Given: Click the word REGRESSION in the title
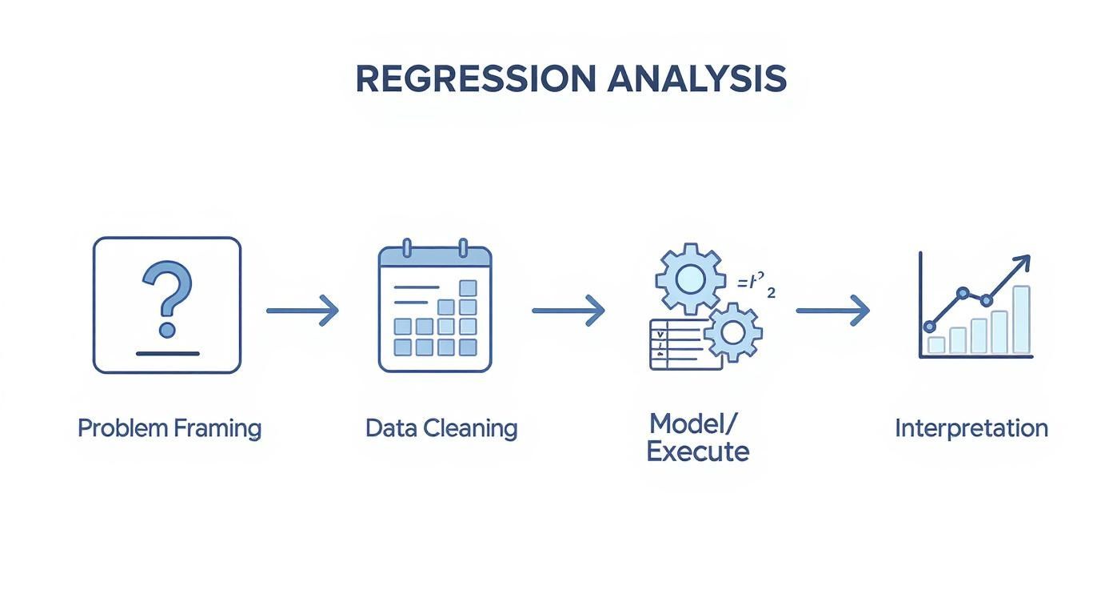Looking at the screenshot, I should pyautogui.click(x=476, y=78).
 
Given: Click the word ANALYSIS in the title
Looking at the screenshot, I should pyautogui.click(x=696, y=78).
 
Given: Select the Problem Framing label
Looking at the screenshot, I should pyautogui.click(x=170, y=428).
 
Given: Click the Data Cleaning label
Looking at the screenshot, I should pyautogui.click(x=441, y=428).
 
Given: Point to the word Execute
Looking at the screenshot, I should pyautogui.click(x=697, y=452).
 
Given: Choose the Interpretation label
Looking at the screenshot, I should pyautogui.click(x=971, y=428).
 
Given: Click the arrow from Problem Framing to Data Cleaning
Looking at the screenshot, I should pyautogui.click(x=302, y=311).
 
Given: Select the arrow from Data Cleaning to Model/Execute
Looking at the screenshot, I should pyautogui.click(x=568, y=311).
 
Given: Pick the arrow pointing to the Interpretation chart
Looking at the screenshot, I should pyautogui.click(x=832, y=311).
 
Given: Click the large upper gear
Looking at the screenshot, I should pyautogui.click(x=690, y=279).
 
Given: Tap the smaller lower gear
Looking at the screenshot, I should pyautogui.click(x=733, y=331).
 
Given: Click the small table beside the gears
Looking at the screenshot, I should pyautogui.click(x=676, y=343).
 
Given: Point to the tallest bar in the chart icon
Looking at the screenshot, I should pyautogui.click(x=1021, y=319).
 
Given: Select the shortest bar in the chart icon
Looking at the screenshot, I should pyautogui.click(x=936, y=345).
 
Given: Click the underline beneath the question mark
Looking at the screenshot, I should pyautogui.click(x=167, y=353).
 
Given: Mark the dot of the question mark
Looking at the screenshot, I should pyautogui.click(x=167, y=330).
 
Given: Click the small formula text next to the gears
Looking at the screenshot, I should pyautogui.click(x=755, y=286).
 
